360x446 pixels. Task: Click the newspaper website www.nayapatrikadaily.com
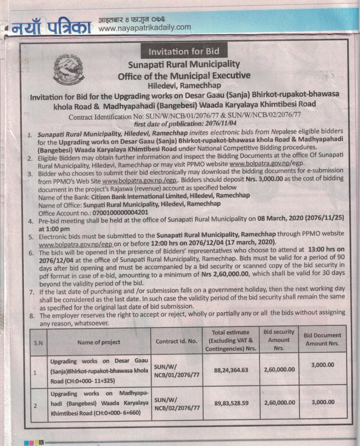coord(144,27)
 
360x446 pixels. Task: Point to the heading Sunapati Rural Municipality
coord(184,64)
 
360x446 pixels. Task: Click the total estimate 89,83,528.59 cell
coord(231,403)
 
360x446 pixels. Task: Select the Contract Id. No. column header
coord(176,341)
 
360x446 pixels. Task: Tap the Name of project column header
coord(98,342)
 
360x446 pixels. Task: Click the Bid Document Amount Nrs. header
coord(322,339)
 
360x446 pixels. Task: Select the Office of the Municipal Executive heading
coord(184,75)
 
